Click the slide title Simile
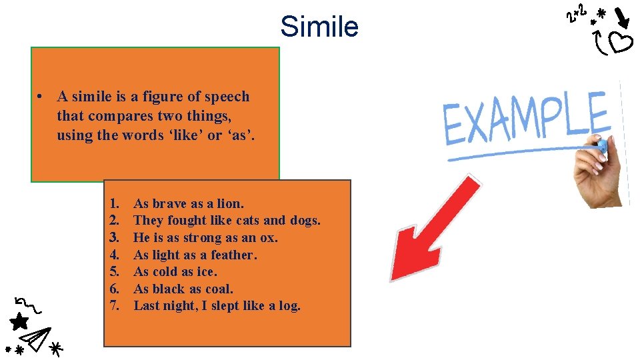pyautogui.click(x=319, y=27)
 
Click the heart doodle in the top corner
pyautogui.click(x=621, y=43)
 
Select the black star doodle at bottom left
pyautogui.click(x=19, y=322)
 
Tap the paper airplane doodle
pyautogui.click(x=39, y=337)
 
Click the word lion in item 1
pyautogui.click(x=230, y=203)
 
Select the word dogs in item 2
pyautogui.click(x=305, y=220)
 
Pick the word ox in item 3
pyautogui.click(x=269, y=237)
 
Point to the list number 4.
pyautogui.click(x=114, y=255)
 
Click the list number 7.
pyautogui.click(x=114, y=305)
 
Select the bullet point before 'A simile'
pyautogui.click(x=41, y=97)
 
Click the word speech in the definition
pyautogui.click(x=227, y=97)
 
